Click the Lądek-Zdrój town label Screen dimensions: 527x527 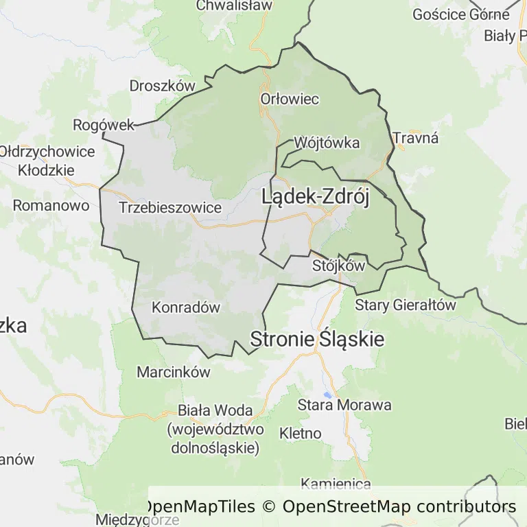coord(316,198)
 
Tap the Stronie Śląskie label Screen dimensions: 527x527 coord(317,339)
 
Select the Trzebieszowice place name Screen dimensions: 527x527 coord(170,207)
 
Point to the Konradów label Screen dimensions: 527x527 coord(186,307)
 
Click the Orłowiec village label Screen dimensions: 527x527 coord(290,99)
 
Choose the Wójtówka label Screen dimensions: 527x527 coord(327,143)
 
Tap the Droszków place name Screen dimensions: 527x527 coord(163,86)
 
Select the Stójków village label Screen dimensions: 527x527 coord(338,265)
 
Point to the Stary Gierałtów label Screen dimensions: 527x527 coord(405,305)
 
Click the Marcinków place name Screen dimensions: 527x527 coord(173,373)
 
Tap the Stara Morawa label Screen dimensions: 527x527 coord(344,405)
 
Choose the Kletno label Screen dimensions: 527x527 coord(301,433)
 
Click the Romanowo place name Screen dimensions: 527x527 coord(51,205)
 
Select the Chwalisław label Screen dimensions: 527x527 coord(234,5)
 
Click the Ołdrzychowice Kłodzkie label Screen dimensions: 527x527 coord(47,160)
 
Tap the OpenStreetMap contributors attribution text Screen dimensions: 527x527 coord(399,507)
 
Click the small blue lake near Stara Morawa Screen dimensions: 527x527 coord(329,395)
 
